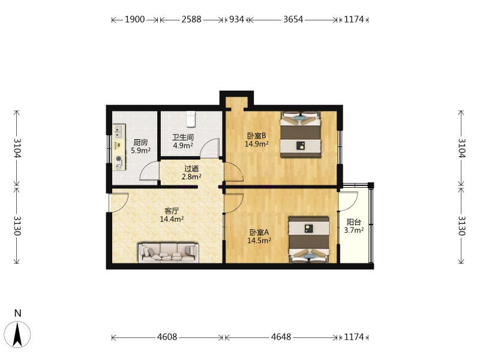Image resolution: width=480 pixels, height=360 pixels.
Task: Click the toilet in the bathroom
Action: tap(191, 119)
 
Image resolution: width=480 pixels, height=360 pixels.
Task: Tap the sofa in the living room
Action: tap(169, 253)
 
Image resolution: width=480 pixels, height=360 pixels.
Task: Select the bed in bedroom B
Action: tap(301, 134)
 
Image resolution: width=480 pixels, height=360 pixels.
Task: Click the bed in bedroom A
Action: tap(309, 239)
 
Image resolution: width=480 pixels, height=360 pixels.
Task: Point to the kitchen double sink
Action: tap(118, 131)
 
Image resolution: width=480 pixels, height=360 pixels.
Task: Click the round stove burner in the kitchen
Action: tap(119, 159)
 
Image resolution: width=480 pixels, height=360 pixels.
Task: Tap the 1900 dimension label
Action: tap(134, 19)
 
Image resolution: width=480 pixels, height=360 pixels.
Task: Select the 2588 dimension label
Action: tap(191, 19)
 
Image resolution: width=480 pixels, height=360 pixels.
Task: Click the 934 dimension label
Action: tap(236, 19)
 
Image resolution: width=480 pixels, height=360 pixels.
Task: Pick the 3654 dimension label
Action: tap(293, 19)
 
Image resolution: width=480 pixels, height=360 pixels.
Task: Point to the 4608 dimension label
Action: tap(167, 337)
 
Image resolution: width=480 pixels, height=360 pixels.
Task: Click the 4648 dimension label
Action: tap(281, 337)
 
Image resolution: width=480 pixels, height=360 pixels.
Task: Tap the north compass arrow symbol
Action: tap(18, 334)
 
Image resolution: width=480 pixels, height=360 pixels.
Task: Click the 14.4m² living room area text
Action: tap(172, 219)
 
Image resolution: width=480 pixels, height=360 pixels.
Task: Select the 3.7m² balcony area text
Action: tap(354, 230)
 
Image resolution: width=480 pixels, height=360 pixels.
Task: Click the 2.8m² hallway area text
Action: tap(191, 176)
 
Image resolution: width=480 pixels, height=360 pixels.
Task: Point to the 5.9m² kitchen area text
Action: tap(140, 151)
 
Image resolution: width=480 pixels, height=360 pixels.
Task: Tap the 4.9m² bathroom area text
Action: tap(183, 145)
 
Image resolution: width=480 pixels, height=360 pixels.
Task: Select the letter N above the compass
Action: tap(18, 313)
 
